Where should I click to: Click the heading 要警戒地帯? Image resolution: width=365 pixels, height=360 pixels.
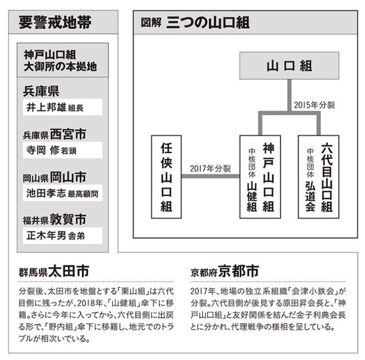[x=55, y=22]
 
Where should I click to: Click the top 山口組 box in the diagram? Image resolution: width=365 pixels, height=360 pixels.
[x=289, y=66]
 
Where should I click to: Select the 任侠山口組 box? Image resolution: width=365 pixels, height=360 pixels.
[x=166, y=177]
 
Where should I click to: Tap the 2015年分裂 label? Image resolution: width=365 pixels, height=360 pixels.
[x=314, y=105]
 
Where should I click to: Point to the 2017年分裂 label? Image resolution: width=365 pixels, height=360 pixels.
[x=210, y=169]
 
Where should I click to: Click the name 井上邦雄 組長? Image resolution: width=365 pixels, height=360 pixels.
[x=55, y=107]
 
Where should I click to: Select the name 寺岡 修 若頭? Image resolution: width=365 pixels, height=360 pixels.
[x=52, y=150]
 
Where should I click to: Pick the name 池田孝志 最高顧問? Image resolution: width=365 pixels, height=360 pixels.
[x=62, y=193]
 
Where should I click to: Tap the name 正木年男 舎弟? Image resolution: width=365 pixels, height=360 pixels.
[x=55, y=235]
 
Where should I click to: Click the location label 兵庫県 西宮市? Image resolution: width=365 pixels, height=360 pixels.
[x=55, y=134]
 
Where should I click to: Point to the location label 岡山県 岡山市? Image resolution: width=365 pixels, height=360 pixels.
[x=55, y=177]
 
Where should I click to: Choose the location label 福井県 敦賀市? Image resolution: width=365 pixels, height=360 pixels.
[x=55, y=220]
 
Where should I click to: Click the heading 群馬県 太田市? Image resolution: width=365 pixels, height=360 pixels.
[x=54, y=271]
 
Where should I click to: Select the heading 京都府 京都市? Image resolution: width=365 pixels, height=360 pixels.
[x=225, y=271]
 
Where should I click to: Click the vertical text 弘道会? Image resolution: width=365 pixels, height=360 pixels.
[x=310, y=196]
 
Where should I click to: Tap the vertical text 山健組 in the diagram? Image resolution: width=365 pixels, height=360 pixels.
[x=252, y=196]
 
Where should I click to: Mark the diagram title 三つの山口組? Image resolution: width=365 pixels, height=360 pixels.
[x=208, y=22]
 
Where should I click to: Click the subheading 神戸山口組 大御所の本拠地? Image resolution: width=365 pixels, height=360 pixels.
[x=60, y=60]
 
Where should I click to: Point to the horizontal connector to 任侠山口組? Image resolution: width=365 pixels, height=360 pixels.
[x=211, y=176]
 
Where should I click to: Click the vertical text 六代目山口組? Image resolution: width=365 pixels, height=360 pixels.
[x=327, y=177]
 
